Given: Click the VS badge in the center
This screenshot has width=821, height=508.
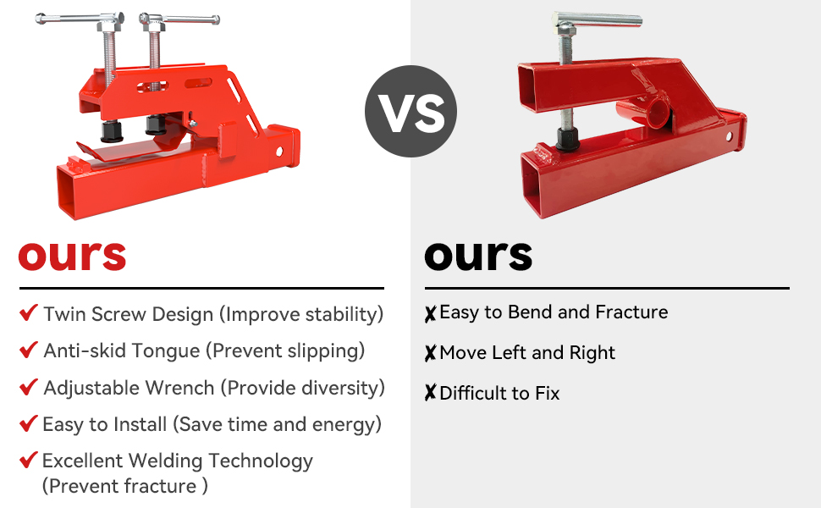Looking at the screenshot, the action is coord(411,111).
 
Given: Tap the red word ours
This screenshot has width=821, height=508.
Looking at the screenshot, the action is coord(72,256).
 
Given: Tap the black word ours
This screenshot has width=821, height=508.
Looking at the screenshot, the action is coord(478,256).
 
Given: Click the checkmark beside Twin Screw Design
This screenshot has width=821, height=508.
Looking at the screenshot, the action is coord(28,312).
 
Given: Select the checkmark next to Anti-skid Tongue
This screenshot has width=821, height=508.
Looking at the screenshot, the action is coord(28,350).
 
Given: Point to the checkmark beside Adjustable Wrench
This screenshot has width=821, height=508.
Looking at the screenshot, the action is coord(28,386).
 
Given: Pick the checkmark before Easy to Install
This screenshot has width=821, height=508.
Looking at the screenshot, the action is coord(28,423).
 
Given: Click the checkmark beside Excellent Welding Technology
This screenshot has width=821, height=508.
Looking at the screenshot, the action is coord(28,460).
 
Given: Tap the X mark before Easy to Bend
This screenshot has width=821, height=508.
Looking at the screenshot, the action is coord(431,314).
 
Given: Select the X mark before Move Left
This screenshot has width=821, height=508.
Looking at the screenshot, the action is coord(431,354).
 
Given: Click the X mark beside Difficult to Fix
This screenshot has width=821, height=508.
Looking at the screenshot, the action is coord(431,393).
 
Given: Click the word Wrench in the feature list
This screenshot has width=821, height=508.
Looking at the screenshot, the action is coord(179,388).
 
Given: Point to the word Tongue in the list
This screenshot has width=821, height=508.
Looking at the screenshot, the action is coord(167,351).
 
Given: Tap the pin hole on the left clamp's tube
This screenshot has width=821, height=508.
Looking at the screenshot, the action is coord(279,152).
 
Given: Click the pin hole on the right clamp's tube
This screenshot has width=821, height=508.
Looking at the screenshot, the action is coord(730,137).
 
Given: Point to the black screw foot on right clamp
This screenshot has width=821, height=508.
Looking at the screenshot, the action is coord(568,140).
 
